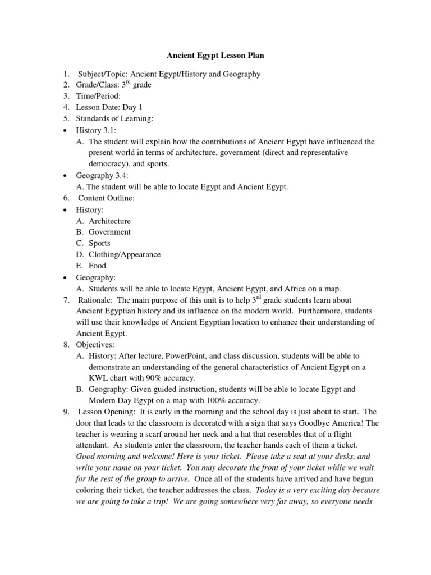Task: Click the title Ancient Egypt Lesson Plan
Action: pos(215,56)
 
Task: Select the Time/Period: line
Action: pos(99,96)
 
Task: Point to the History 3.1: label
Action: pos(96,130)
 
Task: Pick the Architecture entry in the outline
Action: pos(109,221)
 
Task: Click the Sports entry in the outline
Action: pos(99,243)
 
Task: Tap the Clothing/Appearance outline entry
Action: pos(125,254)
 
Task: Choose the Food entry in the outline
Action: pos(97,266)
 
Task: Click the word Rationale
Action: pos(95,300)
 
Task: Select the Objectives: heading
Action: pos(98,345)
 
